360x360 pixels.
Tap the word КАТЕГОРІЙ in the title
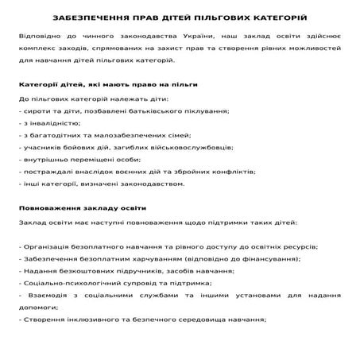pyautogui.click(x=280, y=17)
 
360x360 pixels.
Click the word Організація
pyautogui.click(x=47, y=246)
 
